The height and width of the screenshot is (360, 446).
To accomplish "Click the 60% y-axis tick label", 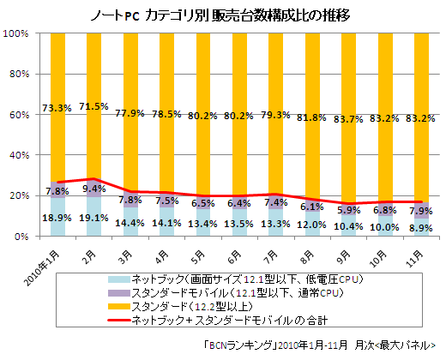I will point(20,115).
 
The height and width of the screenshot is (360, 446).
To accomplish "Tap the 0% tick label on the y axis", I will point(22,237).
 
